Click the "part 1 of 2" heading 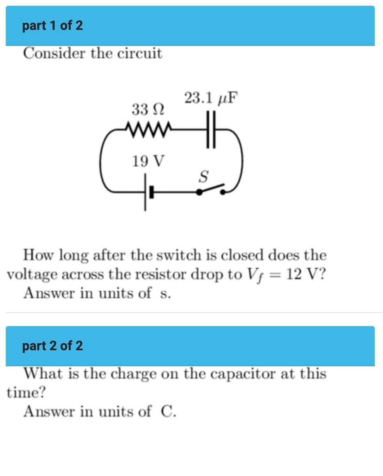click(52, 25)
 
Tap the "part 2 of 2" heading click(52, 346)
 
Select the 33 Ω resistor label click(148, 109)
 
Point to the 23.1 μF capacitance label click(211, 98)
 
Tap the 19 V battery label click(148, 161)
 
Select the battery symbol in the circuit click(148, 192)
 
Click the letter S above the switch click(203, 177)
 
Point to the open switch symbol click(211, 190)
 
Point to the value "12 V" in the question click(305, 274)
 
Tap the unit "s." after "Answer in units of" click(165, 293)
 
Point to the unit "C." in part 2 click(168, 411)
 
